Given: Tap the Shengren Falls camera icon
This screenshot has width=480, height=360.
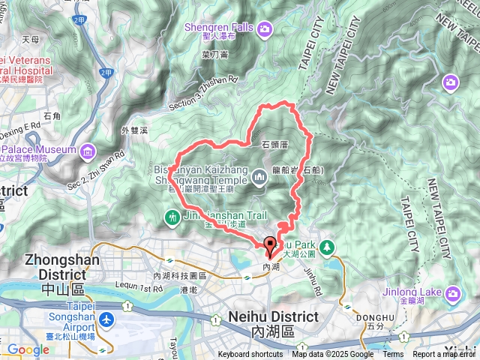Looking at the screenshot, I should coord(265,29).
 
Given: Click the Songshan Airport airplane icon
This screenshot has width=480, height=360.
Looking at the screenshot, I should coord(106,320).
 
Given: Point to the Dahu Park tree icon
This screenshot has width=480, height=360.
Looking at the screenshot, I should coord(326,246).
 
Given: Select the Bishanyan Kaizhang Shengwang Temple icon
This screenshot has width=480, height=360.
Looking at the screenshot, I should coord(260,178).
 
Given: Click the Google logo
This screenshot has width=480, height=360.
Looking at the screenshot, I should coord(28,349).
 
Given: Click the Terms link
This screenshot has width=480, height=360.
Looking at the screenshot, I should coord(393,355).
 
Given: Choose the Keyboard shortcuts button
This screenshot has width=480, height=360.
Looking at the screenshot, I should coord(250,355).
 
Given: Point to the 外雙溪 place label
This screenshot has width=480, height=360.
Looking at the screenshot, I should coord(135,130).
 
